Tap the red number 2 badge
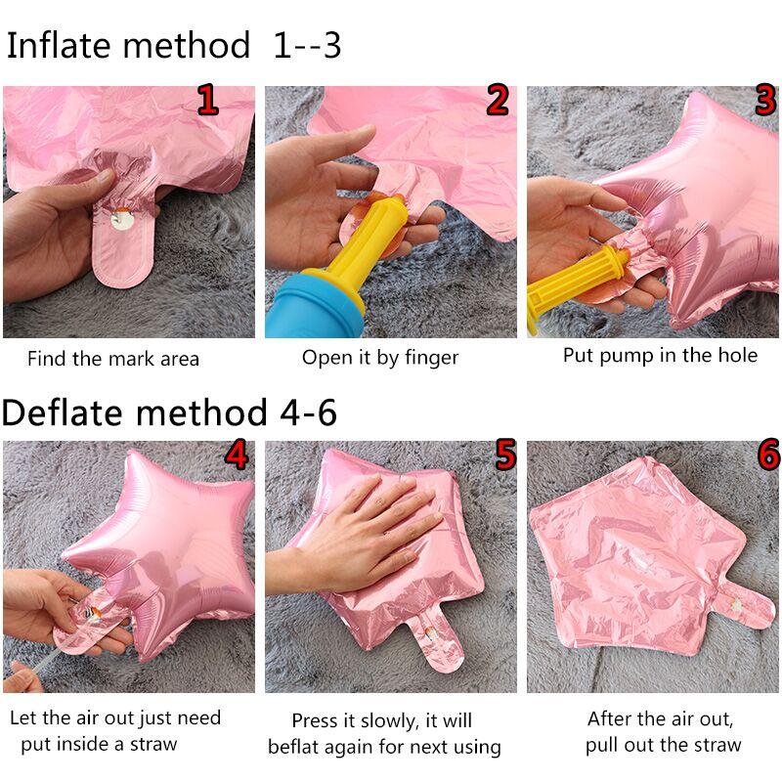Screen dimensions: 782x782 pos(498,101)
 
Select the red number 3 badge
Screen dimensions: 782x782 pos(764,101)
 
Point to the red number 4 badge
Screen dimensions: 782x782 pos(236,456)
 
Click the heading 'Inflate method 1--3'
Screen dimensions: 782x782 pos(174,45)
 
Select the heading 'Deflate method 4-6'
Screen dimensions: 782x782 pos(169,413)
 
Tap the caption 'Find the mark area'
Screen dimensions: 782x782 pos(112,359)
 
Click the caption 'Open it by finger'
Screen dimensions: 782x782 pos(379,358)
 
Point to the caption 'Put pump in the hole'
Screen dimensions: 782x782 pos(660,355)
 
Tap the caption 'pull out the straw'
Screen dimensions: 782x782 pos(663,745)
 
